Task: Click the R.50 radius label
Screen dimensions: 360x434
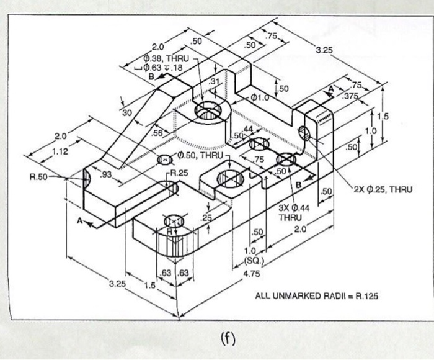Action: (38, 177)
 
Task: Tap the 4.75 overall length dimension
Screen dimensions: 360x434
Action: (251, 274)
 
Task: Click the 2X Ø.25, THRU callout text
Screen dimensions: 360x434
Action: (383, 189)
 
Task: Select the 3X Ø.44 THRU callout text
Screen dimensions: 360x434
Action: (290, 212)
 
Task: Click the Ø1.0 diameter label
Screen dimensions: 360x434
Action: (259, 97)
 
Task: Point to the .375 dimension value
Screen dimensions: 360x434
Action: (351, 96)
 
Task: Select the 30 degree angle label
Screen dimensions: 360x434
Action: (127, 112)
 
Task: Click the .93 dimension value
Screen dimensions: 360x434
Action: (106, 175)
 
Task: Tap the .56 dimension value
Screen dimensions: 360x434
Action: (157, 133)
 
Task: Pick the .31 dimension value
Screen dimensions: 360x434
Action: (215, 82)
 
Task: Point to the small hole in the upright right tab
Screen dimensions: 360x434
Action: (304, 132)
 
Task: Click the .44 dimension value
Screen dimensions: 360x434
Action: (249, 128)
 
